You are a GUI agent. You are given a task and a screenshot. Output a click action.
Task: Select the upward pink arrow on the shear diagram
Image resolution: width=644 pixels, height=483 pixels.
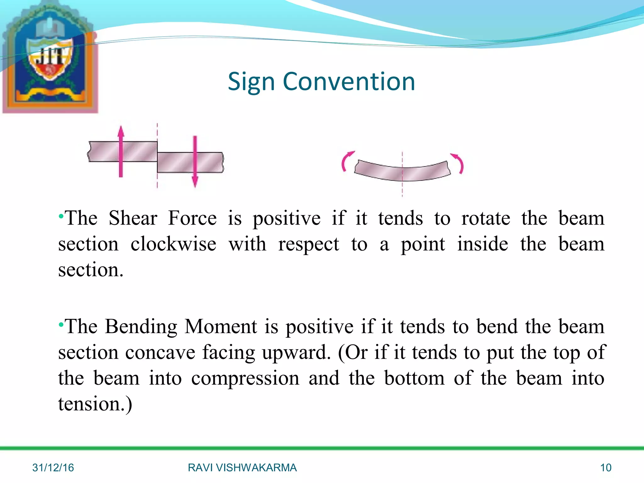(x=121, y=151)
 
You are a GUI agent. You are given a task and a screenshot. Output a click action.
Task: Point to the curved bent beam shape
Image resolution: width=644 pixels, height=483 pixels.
(x=402, y=171)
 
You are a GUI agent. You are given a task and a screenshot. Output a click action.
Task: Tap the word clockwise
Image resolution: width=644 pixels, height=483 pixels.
(x=173, y=244)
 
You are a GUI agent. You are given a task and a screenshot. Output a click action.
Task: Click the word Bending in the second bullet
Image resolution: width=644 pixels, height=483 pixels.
(x=141, y=326)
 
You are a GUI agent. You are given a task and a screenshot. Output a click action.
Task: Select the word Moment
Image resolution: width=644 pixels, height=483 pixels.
(x=221, y=326)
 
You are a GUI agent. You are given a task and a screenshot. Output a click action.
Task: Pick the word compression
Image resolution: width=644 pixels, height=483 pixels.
(x=245, y=378)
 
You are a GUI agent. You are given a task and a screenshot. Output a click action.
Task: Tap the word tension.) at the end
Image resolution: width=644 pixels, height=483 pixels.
(x=95, y=404)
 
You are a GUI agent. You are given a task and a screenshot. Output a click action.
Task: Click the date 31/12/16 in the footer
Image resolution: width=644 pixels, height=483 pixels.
(x=53, y=468)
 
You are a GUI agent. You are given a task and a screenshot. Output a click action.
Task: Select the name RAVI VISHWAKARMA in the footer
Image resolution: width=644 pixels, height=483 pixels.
(x=242, y=468)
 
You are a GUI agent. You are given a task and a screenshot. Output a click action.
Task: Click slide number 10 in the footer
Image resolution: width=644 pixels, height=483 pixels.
(x=606, y=468)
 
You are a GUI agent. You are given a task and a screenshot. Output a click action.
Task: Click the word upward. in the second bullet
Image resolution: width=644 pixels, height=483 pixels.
(x=296, y=353)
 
